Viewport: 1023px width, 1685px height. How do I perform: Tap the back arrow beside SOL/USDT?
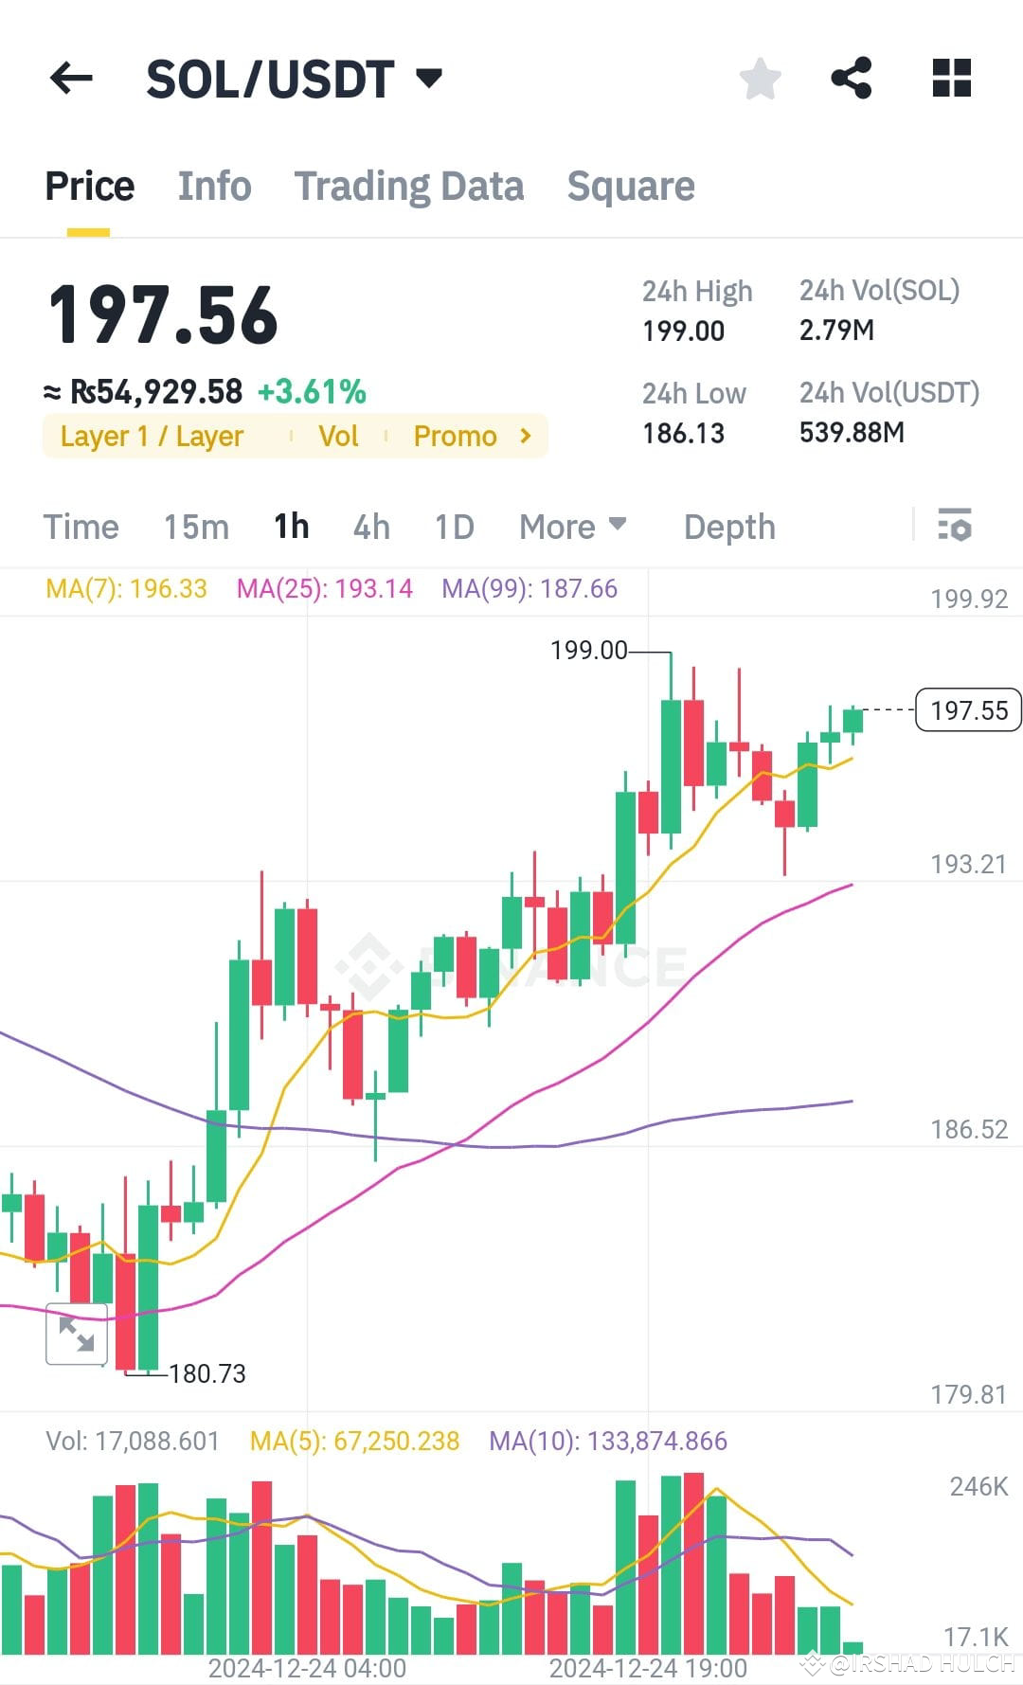point(71,78)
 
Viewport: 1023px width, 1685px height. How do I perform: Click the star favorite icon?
point(760,78)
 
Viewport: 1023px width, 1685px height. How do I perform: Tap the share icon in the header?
point(851,78)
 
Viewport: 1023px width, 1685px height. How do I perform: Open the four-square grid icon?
point(951,78)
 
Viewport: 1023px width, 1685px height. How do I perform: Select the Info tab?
point(214,187)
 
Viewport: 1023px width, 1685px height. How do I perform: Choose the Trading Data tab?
point(408,187)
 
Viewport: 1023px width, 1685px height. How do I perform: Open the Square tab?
point(631,187)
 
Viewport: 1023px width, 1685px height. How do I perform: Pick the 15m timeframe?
point(196,527)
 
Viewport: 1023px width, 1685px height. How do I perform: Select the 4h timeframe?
point(371,527)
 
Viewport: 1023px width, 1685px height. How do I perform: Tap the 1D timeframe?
point(454,527)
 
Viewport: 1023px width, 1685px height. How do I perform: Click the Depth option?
point(729,527)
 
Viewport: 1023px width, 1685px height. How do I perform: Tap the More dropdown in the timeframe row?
point(572,527)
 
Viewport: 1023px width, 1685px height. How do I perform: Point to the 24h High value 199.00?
point(683,332)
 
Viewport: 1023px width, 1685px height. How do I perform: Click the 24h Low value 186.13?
point(683,434)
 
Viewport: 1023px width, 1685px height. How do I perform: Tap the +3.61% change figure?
point(312,392)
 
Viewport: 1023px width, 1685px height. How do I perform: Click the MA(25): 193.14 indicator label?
point(324,589)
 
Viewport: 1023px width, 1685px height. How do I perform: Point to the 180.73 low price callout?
point(206,1373)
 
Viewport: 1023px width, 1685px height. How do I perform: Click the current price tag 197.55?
point(968,710)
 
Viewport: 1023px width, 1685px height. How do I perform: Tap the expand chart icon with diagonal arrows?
point(76,1335)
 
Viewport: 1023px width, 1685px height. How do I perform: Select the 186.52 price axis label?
point(968,1129)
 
